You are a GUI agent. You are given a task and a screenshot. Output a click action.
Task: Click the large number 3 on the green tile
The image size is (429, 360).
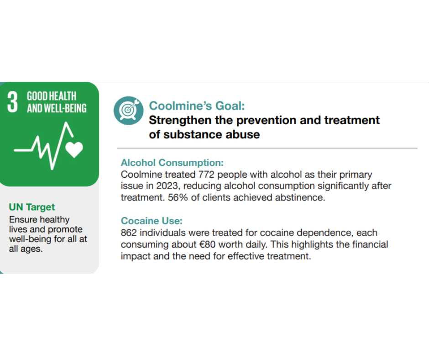13,102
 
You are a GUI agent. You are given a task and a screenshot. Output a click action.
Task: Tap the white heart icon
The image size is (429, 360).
74,149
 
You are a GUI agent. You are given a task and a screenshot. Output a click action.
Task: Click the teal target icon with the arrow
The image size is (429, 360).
128,111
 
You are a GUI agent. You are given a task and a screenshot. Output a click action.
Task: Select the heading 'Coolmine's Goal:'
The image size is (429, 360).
197,106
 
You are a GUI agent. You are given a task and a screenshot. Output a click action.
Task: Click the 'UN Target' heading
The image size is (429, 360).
32,207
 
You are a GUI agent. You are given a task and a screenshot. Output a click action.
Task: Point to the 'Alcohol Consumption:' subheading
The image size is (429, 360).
172,163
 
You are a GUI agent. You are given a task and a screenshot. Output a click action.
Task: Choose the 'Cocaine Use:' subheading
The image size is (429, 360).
152,221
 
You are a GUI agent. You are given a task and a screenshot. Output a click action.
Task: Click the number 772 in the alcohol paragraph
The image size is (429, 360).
206,175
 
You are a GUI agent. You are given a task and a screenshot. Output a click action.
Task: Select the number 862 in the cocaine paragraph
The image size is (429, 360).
129,233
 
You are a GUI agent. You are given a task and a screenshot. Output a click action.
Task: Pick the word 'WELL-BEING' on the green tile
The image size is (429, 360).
65,108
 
